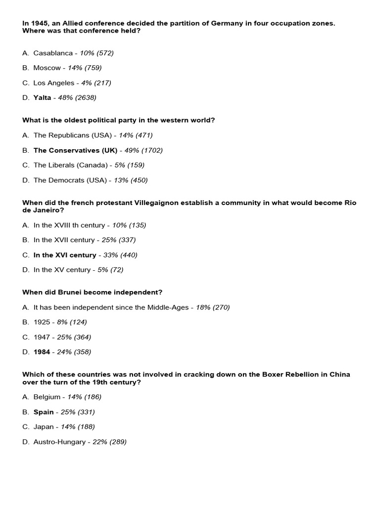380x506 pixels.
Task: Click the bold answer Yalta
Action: (x=42, y=98)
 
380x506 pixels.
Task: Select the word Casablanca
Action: (x=53, y=53)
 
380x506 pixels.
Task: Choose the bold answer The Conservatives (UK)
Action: (x=75, y=150)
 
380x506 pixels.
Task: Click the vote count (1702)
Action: (x=152, y=150)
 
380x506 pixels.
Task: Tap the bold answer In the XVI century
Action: (x=65, y=255)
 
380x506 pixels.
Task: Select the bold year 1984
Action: (x=42, y=352)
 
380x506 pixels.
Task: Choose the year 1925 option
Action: (x=42, y=322)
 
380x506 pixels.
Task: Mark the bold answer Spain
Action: (x=44, y=412)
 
